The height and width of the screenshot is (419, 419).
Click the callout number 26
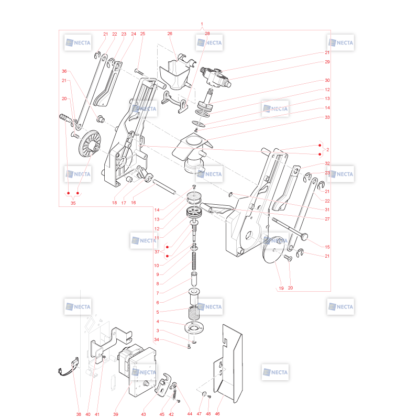point(170,34)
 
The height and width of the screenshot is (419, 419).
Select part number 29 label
point(327,62)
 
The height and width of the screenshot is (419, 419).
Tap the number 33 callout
point(327,117)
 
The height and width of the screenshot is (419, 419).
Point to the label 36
point(64,71)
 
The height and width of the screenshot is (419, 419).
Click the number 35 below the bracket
point(73,203)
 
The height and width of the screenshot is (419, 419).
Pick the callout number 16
point(134,203)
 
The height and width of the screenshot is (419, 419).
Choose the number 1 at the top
point(202,24)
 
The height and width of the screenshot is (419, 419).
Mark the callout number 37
point(157,252)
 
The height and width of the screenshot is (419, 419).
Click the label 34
point(157,339)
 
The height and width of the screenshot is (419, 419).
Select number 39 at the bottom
point(115,414)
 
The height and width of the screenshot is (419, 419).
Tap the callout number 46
point(217,414)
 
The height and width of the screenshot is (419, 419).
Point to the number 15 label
point(327,247)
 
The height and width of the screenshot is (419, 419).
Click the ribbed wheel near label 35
point(90,143)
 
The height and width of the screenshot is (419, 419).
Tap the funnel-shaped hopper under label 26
point(175,75)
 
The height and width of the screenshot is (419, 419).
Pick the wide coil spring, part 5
point(194,313)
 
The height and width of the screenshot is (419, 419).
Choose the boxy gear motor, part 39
point(137,370)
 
